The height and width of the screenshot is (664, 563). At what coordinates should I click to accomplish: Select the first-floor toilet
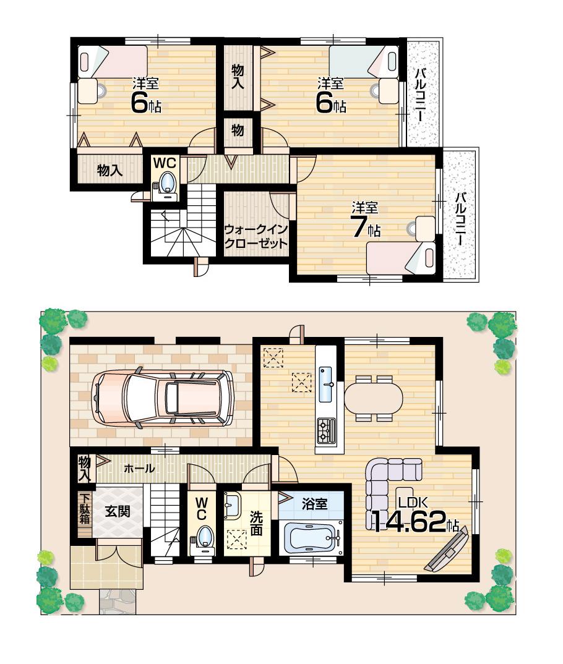(204, 536)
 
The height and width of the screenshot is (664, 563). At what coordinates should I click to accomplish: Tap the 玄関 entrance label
(116, 511)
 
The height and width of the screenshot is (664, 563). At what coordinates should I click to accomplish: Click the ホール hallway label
(139, 469)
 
